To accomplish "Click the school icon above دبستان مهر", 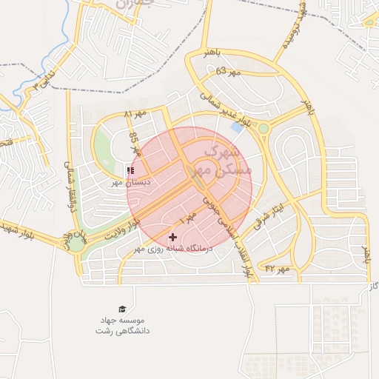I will coord(130,171).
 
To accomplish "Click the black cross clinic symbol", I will coord(173,238).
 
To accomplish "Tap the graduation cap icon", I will coord(121,309).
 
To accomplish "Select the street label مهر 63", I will coord(229,72).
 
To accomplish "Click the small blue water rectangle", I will coord(237,127).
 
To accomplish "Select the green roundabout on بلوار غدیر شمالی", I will coord(264,129).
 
